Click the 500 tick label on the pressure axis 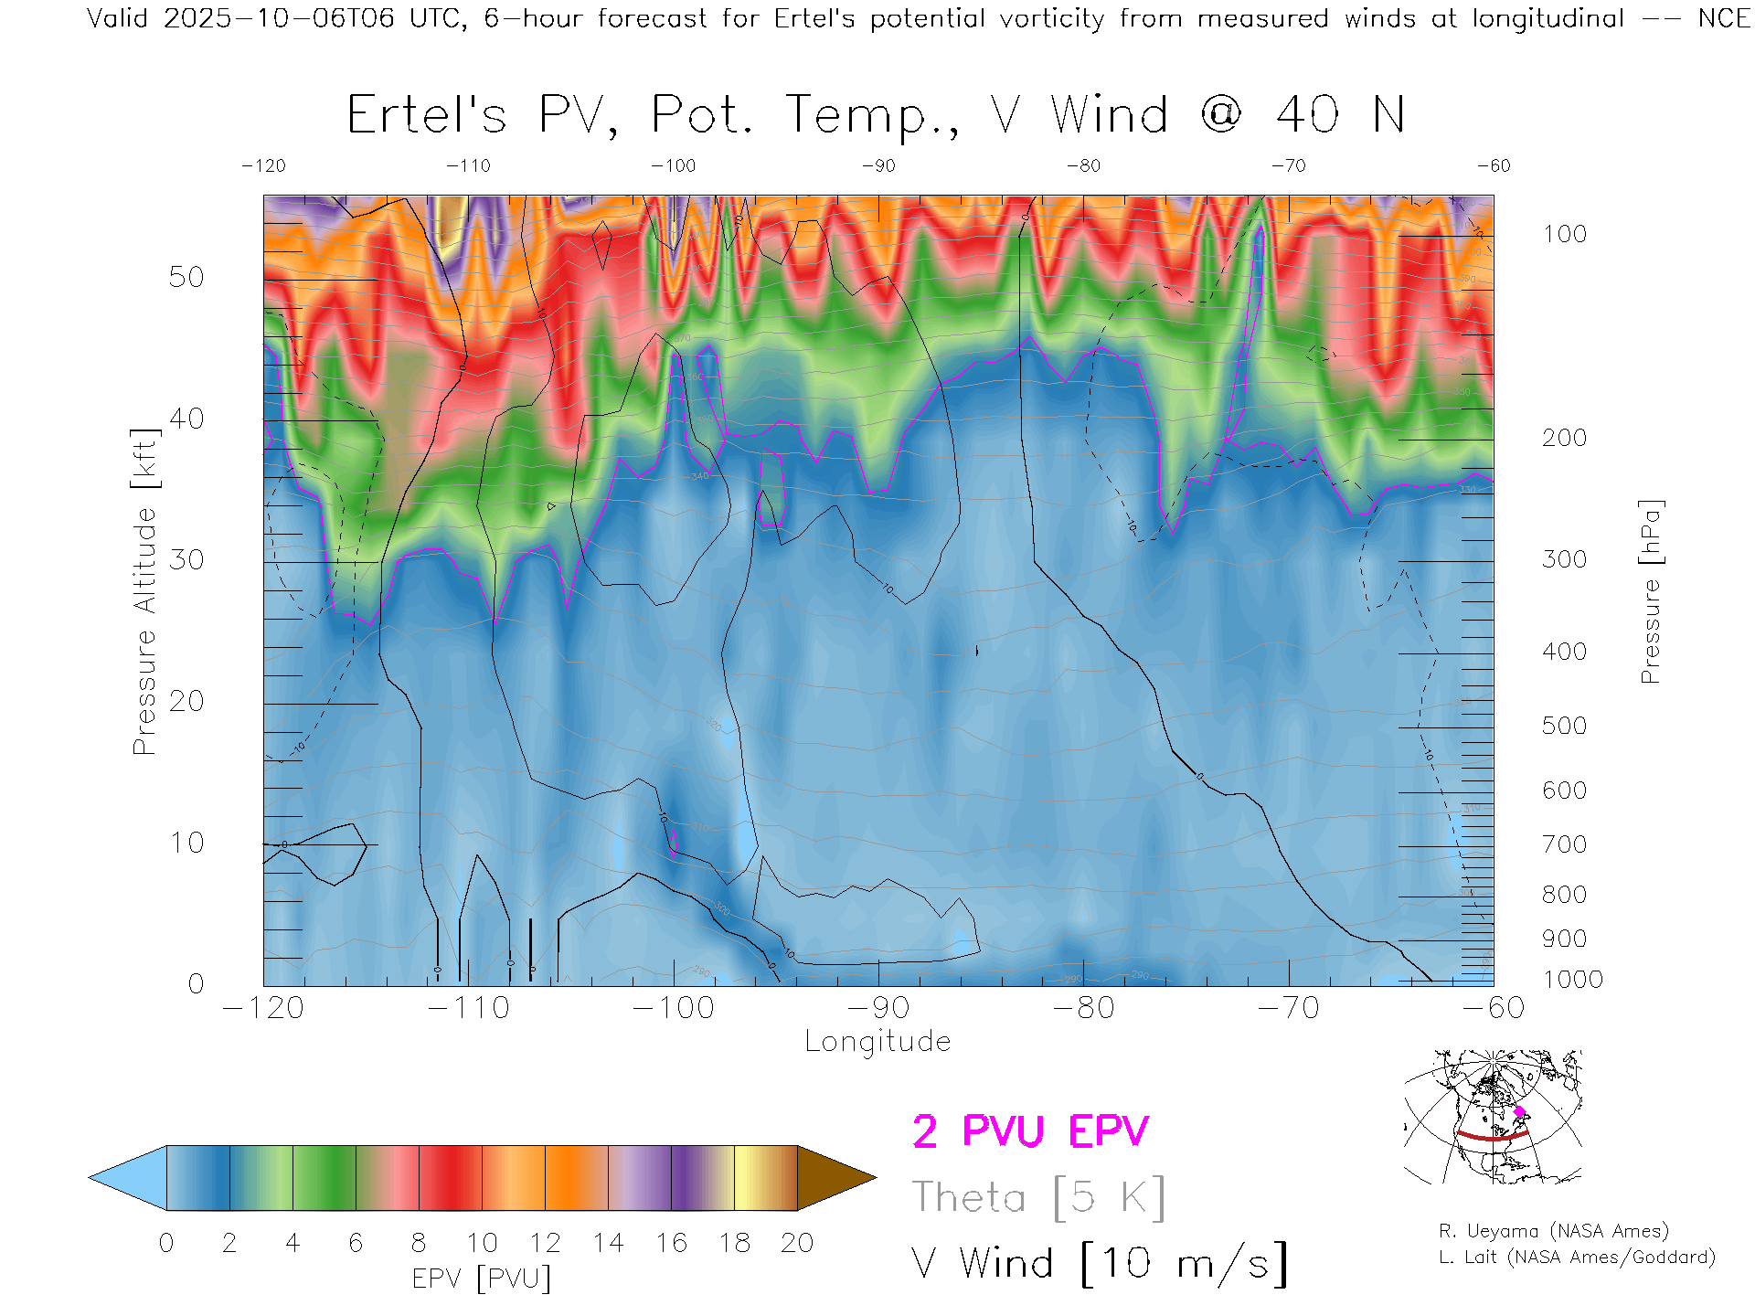(x=1564, y=726)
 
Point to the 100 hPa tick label (x=1564, y=234)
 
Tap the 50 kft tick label (x=186, y=277)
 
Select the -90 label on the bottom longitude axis (x=878, y=1008)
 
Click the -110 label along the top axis (x=468, y=166)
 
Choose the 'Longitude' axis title (x=877, y=1042)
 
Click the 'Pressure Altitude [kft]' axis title (x=144, y=592)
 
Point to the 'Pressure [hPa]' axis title (x=1650, y=592)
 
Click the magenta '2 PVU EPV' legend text (x=1030, y=1131)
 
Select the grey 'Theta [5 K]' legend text (x=1038, y=1197)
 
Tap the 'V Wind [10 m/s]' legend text (x=1100, y=1264)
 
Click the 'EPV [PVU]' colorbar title (x=482, y=1279)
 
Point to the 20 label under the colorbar (x=797, y=1243)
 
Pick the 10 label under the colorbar (x=482, y=1243)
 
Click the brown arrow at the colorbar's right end (x=834, y=1178)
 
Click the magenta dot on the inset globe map (x=1520, y=1111)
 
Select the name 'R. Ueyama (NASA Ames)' (x=1554, y=1231)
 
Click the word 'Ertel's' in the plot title (x=426, y=116)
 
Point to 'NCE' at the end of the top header (x=1724, y=18)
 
